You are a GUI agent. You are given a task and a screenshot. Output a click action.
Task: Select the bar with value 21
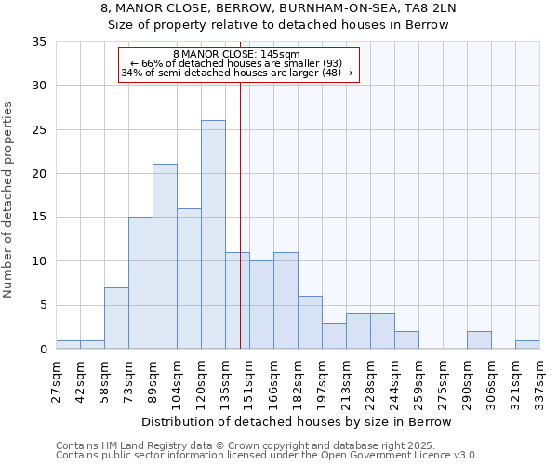(x=165, y=257)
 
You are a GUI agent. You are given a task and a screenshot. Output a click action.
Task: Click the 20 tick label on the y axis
(x=39, y=174)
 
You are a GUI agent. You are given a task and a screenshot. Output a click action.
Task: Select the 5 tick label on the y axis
(x=43, y=305)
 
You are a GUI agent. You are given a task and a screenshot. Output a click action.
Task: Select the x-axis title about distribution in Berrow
(x=298, y=422)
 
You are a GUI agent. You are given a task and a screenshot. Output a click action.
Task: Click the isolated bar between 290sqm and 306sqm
(x=479, y=340)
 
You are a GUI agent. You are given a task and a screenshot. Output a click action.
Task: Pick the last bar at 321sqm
(x=527, y=344)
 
